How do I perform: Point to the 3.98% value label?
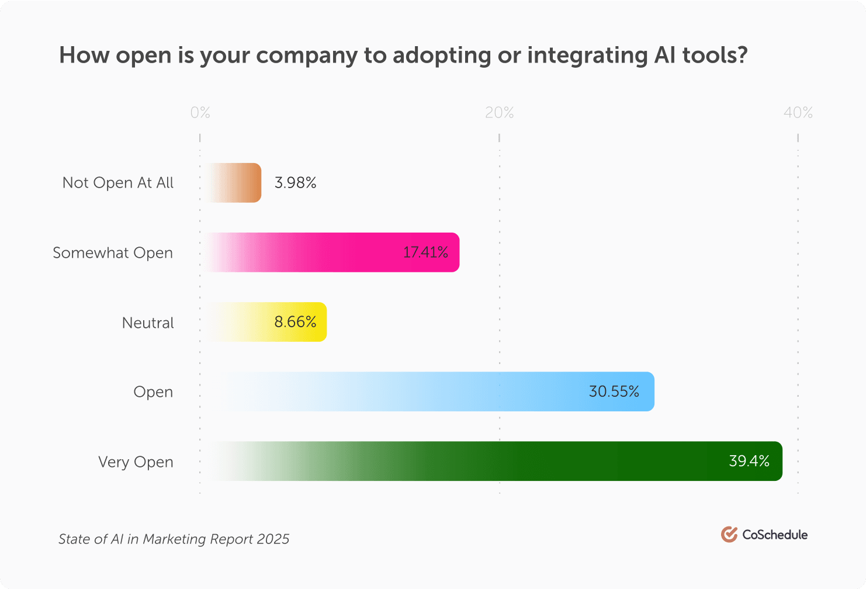pyautogui.click(x=295, y=183)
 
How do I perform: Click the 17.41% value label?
pyautogui.click(x=425, y=252)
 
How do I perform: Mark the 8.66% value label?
pyautogui.click(x=295, y=322)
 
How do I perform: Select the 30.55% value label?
pyautogui.click(x=614, y=391)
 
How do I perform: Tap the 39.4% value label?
pyautogui.click(x=749, y=461)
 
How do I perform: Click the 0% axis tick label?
pyautogui.click(x=200, y=113)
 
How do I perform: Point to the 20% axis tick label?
pyautogui.click(x=500, y=113)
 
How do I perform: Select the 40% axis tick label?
pyautogui.click(x=798, y=113)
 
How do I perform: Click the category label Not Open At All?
pyautogui.click(x=118, y=183)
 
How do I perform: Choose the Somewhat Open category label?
pyautogui.click(x=113, y=253)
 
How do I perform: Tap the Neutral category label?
pyautogui.click(x=148, y=323)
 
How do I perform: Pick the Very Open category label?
pyautogui.click(x=136, y=462)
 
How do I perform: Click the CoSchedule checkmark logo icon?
pyautogui.click(x=729, y=534)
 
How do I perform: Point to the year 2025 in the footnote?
pyautogui.click(x=274, y=539)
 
